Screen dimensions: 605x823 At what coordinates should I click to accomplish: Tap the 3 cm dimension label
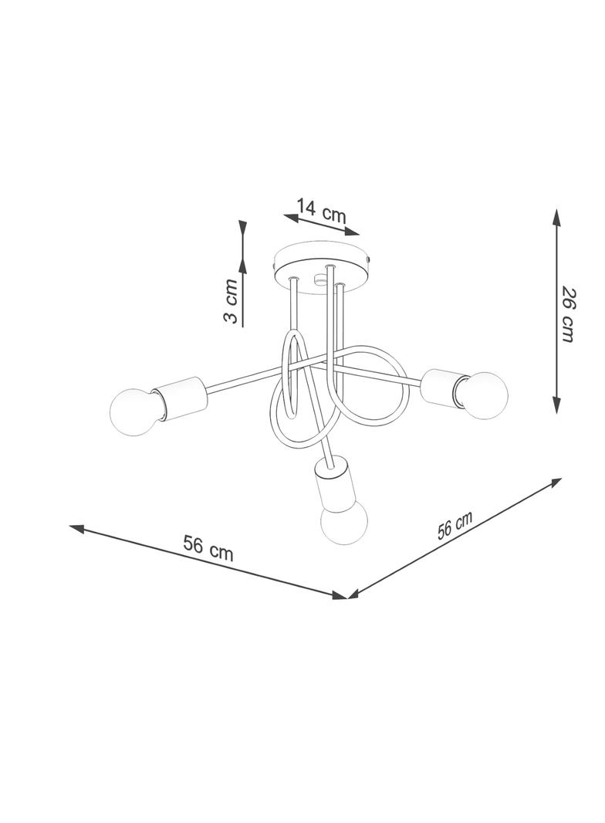231,301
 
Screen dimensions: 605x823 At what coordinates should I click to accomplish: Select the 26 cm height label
568,314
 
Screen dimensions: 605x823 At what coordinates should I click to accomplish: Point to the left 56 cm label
208,547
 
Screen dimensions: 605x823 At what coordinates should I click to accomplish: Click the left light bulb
135,412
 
